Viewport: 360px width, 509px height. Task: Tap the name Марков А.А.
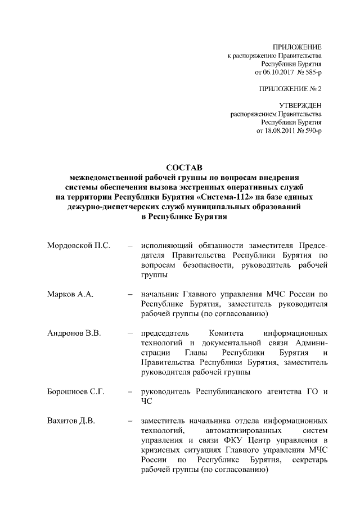[70, 294]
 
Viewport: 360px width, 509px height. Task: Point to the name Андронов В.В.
[74, 333]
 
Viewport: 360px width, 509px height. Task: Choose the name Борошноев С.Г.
[76, 391]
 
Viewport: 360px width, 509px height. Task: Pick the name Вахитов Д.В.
[71, 420]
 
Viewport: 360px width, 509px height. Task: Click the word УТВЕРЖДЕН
[300, 106]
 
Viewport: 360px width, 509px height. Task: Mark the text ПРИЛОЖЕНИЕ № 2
[290, 89]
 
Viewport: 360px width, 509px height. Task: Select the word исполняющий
[168, 246]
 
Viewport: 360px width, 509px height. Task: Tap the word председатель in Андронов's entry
[166, 333]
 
